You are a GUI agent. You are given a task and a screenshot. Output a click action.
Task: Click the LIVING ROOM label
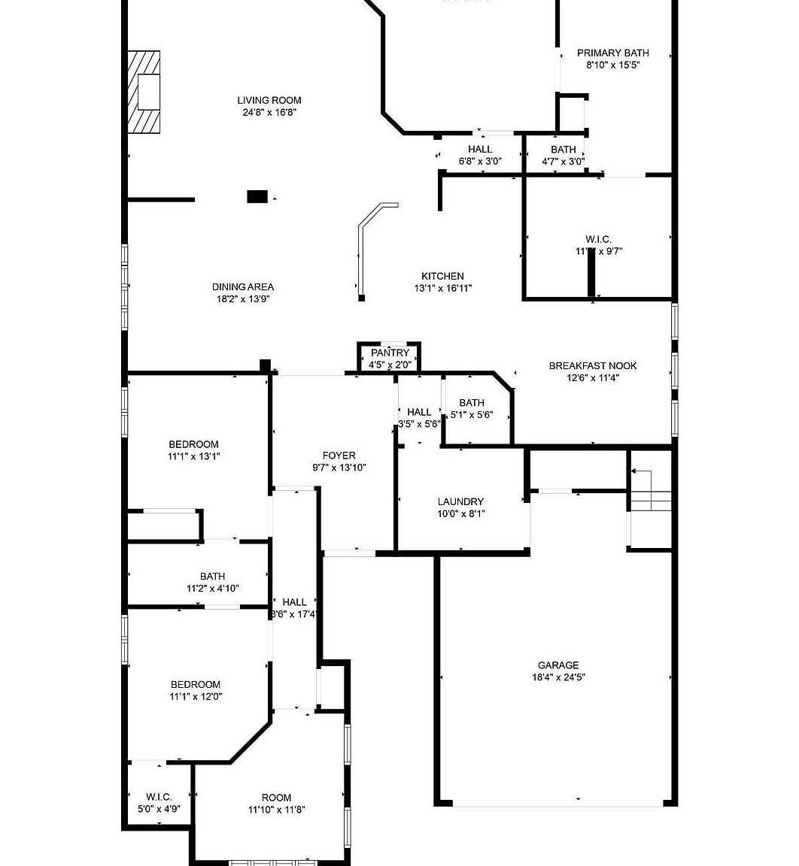click(269, 100)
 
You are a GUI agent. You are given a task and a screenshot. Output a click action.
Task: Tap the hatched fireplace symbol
click(144, 92)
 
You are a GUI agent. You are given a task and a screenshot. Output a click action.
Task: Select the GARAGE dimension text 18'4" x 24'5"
click(557, 677)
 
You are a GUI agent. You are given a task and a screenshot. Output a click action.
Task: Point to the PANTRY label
click(390, 353)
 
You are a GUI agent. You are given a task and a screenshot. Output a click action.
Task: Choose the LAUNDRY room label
click(460, 501)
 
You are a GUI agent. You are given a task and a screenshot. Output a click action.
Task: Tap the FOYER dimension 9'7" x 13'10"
click(339, 468)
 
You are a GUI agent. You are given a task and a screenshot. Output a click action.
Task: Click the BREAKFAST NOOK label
click(592, 365)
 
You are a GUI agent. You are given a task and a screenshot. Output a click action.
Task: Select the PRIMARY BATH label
click(612, 53)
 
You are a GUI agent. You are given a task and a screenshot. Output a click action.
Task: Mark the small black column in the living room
click(257, 197)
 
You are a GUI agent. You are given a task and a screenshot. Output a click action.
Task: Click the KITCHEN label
click(442, 276)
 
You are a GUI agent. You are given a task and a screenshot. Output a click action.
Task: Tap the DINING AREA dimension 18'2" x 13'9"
click(242, 298)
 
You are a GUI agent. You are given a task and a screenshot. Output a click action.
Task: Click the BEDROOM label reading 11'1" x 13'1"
click(193, 444)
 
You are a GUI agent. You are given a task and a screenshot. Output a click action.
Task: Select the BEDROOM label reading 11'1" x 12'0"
click(196, 684)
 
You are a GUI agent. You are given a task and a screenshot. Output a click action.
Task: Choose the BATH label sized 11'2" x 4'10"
click(212, 577)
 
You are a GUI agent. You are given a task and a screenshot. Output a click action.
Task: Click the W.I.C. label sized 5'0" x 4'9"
click(159, 797)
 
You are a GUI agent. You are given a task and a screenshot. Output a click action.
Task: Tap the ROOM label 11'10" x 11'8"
click(276, 798)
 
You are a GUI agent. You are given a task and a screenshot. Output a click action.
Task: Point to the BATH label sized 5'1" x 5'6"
click(471, 402)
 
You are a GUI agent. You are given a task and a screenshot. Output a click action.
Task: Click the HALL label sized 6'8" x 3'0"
click(479, 150)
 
